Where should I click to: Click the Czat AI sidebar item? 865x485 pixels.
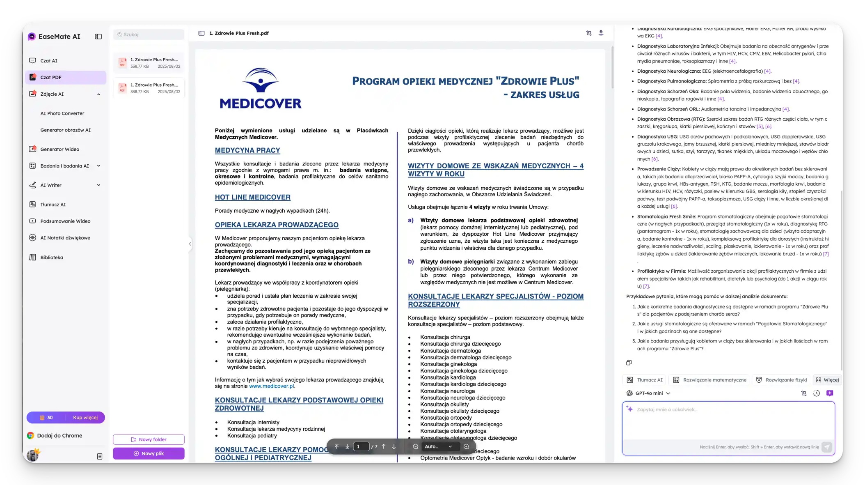tap(49, 61)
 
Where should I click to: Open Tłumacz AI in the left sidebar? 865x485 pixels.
tap(53, 205)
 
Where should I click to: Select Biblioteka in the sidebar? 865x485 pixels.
tap(52, 257)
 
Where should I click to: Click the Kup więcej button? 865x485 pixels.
tap(85, 418)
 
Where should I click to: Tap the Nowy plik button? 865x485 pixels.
tap(149, 453)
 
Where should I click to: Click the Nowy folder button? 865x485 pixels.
tap(149, 439)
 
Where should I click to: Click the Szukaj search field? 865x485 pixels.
tap(149, 34)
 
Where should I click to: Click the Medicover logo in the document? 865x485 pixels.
tap(261, 88)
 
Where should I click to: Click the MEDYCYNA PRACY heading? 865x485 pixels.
tap(247, 150)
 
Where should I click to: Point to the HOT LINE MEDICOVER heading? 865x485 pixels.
tap(252, 197)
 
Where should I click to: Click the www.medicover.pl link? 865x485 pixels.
tap(271, 386)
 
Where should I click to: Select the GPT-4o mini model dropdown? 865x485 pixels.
tap(648, 393)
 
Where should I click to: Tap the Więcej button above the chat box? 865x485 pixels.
tap(827, 380)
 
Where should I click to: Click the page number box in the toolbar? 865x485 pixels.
tap(361, 446)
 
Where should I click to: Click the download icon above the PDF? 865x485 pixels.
tap(601, 33)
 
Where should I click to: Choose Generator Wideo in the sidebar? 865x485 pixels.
tap(59, 149)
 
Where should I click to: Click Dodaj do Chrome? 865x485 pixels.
tap(59, 436)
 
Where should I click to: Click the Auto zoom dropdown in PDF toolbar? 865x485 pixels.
tap(438, 446)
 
